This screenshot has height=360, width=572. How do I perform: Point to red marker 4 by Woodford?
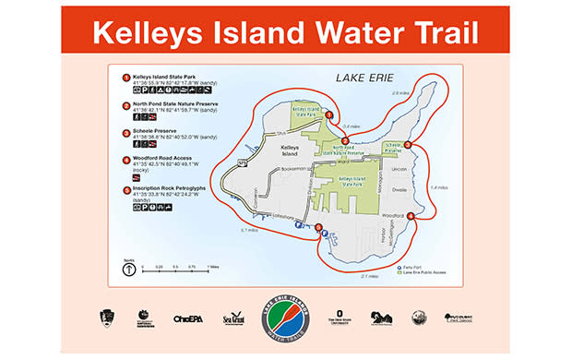411,216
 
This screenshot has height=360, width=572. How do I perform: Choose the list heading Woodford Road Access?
161,159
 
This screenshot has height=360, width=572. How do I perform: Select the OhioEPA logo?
187,319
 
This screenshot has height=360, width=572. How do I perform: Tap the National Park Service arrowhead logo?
104,318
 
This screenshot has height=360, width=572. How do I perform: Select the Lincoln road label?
399,169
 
